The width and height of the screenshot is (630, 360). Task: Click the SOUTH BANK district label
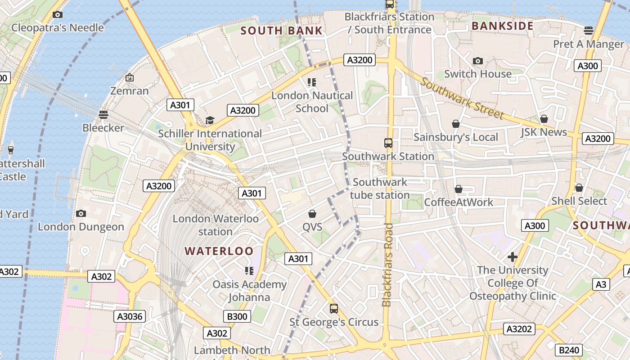tap(281, 31)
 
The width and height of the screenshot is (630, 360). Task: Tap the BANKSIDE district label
tap(502, 26)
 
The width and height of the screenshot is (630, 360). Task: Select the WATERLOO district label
tap(219, 251)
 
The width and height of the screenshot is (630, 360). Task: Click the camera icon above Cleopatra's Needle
tap(57, 14)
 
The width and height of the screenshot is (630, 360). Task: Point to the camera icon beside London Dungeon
tap(81, 213)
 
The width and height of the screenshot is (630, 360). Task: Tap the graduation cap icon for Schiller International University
tap(210, 120)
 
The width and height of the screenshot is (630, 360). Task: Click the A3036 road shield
tap(130, 316)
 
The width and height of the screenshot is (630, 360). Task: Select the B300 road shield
tap(237, 316)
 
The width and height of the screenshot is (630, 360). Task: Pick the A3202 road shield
tap(519, 329)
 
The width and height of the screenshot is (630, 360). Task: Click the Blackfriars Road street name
tap(387, 265)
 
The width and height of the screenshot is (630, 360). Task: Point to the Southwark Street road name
tap(462, 99)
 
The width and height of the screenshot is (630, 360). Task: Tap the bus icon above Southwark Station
tap(388, 143)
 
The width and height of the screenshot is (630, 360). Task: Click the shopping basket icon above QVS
tap(312, 214)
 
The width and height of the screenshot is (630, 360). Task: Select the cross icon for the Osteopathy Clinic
tap(512, 257)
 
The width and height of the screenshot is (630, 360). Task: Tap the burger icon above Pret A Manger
tap(588, 30)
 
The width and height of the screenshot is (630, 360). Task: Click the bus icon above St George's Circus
tap(333, 309)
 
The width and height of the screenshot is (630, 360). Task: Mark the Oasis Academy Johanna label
tap(249, 291)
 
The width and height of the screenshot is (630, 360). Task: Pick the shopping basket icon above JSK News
tap(544, 119)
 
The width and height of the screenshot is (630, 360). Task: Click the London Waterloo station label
tap(216, 225)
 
